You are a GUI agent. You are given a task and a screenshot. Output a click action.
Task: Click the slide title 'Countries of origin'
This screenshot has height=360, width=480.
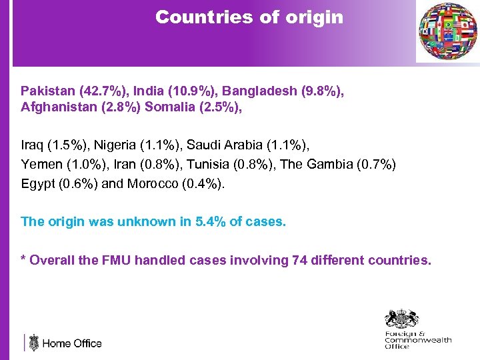point(249,17)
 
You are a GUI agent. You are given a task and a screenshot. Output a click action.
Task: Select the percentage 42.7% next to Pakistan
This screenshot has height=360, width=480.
point(97,91)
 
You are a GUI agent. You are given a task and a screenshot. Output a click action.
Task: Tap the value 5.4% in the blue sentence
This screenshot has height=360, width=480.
point(211,221)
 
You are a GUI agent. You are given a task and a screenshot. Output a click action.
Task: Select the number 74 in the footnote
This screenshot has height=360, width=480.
point(299,260)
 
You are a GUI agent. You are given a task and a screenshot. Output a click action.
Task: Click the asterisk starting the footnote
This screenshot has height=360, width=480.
point(24,259)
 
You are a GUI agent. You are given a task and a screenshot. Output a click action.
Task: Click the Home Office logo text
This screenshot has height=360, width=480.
point(71,343)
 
